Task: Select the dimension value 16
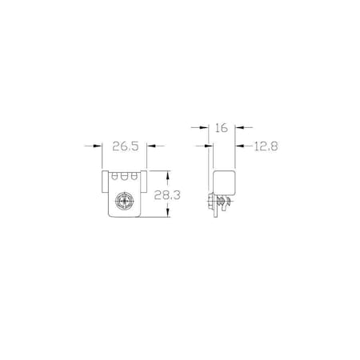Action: click(220, 126)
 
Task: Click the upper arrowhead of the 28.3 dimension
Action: click(167, 174)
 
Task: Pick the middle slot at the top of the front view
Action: click(126, 176)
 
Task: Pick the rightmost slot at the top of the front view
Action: click(135, 176)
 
